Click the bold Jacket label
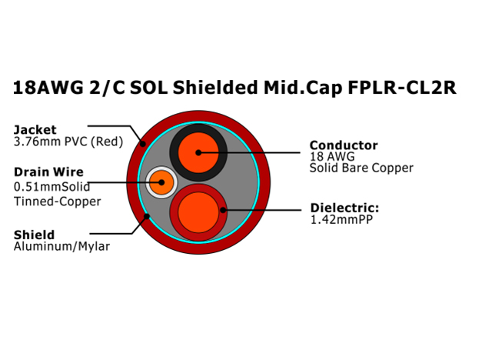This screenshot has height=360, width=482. point(35,130)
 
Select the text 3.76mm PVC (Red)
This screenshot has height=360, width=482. point(68,142)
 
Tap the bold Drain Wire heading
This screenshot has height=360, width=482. point(48,172)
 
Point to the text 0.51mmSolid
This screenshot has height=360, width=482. point(52,186)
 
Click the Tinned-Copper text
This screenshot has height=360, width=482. point(57,202)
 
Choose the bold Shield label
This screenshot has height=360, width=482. point(34,235)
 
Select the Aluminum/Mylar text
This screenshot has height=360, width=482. point(61,246)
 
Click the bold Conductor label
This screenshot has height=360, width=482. point(344,145)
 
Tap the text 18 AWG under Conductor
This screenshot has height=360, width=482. point(332,156)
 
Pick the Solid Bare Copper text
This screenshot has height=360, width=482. point(361,168)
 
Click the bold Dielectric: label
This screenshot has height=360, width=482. point(344,208)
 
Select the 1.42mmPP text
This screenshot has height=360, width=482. point(341,219)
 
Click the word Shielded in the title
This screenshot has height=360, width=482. point(215,88)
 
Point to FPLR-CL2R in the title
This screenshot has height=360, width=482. point(402,88)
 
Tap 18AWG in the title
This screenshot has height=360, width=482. point(48,88)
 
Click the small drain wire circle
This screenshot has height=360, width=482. point(161,182)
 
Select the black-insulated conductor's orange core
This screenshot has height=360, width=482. point(198,152)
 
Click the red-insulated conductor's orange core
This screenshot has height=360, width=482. point(198,212)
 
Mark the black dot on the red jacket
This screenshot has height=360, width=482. point(143,143)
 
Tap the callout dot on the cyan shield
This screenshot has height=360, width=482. point(147,217)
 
